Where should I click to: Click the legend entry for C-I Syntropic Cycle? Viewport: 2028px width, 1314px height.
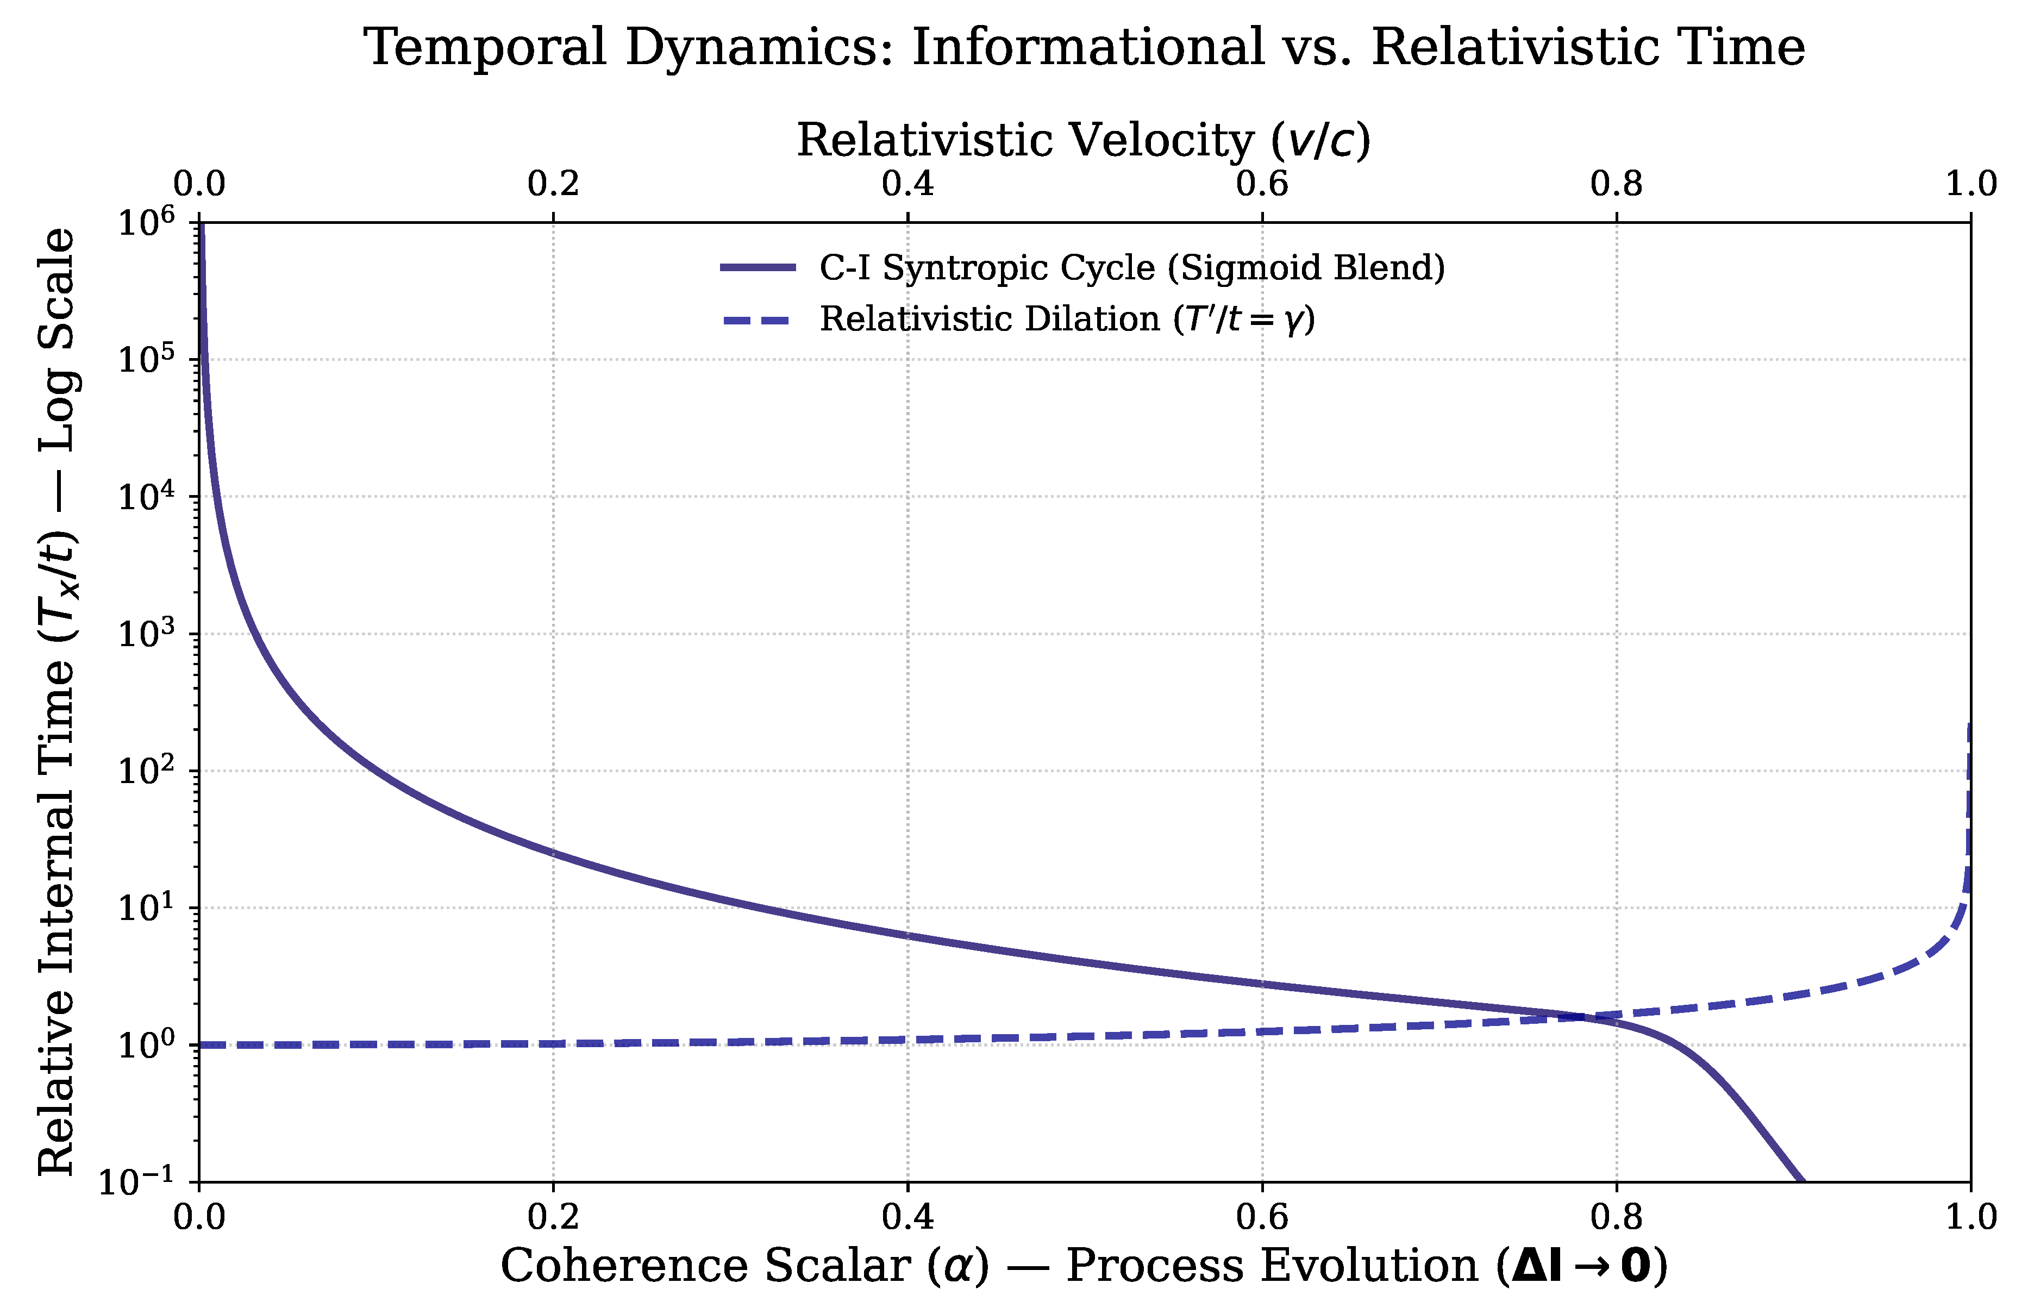click(x=1131, y=267)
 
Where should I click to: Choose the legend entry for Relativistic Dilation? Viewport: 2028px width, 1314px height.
click(x=1067, y=320)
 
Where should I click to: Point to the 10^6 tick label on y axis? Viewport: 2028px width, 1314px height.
click(x=145, y=223)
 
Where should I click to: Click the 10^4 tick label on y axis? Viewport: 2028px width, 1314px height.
click(x=145, y=497)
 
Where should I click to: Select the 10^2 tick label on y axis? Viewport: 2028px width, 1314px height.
click(x=145, y=771)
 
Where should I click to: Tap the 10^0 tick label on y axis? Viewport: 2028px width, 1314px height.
click(x=145, y=1044)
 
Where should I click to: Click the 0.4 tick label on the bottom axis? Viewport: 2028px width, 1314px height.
click(x=907, y=1216)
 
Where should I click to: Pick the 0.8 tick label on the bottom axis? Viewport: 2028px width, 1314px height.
click(x=1616, y=1216)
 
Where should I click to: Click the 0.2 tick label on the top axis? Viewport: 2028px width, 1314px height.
click(x=553, y=183)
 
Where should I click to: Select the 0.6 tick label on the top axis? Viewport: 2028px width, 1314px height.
click(x=1262, y=183)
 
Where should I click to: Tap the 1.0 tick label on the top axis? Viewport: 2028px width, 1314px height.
click(x=1970, y=183)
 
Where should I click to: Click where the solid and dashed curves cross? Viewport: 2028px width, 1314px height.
click(x=1587, y=1017)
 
